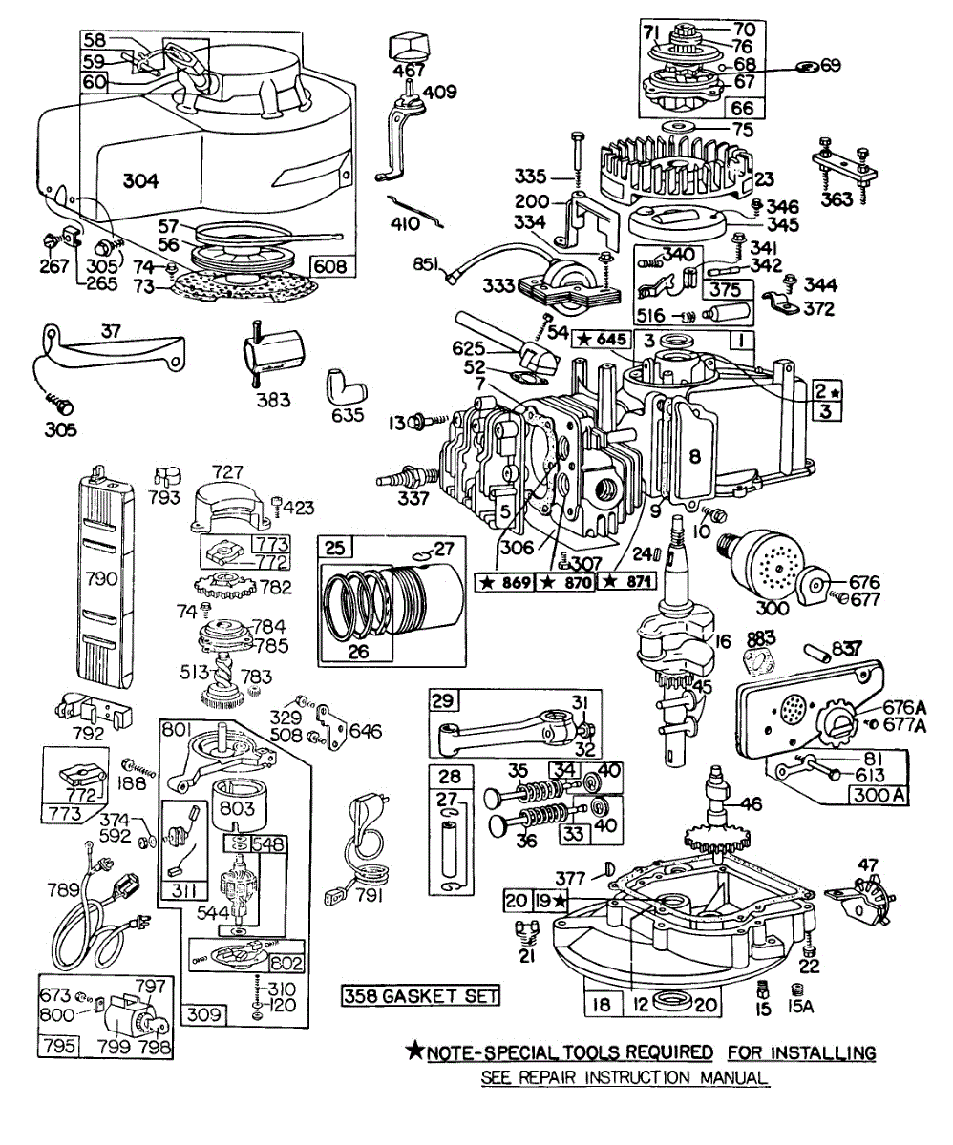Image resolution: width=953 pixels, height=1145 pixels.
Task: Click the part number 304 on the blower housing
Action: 140,180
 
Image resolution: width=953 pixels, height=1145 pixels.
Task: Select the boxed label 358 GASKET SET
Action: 421,996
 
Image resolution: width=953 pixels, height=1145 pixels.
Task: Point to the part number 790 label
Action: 102,577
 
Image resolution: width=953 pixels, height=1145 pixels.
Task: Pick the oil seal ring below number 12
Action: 677,1003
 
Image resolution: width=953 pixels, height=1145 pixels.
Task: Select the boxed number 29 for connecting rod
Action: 441,701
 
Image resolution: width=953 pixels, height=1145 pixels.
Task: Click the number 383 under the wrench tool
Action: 273,401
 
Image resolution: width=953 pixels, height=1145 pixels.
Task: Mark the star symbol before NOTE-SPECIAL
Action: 414,1052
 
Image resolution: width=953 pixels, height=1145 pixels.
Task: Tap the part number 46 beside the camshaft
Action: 751,804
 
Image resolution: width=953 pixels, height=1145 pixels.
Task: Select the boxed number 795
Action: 55,1045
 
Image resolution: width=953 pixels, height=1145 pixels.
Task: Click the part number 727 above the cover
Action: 229,471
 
